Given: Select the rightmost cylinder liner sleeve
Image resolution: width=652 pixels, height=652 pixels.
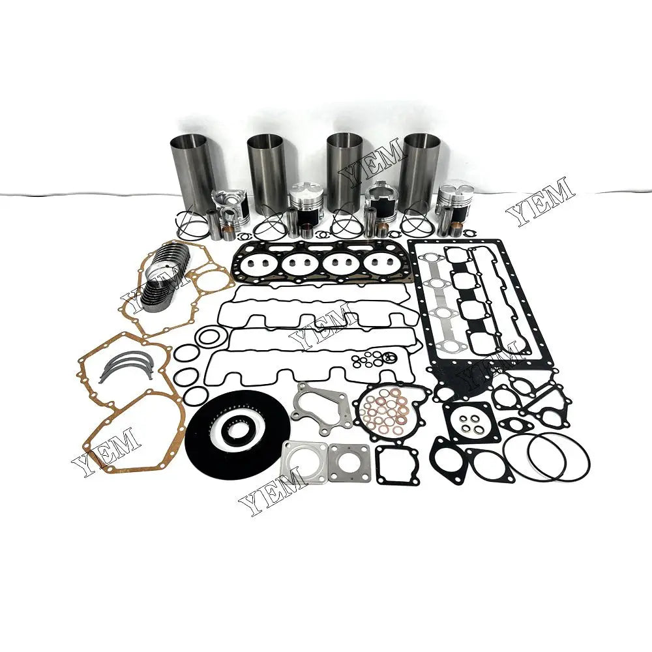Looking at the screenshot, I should pos(419,166).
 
